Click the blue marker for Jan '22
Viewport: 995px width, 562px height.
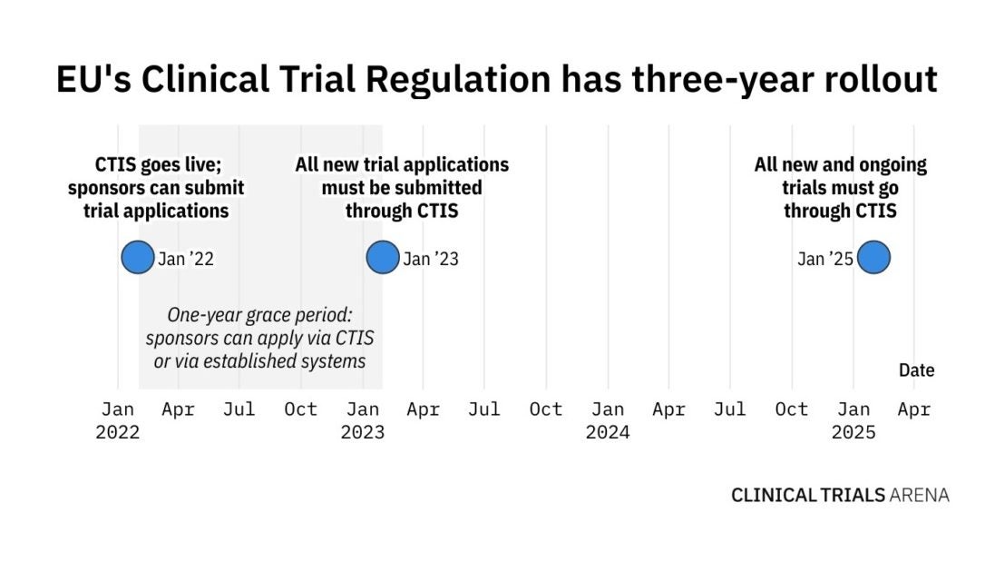coord(138,258)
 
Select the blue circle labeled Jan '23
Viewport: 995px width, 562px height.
coord(382,258)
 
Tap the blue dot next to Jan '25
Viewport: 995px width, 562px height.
coord(873,258)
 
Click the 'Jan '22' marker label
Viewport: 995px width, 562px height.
coord(186,259)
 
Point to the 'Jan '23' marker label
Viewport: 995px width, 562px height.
coord(431,259)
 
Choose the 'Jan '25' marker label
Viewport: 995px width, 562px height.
coord(824,259)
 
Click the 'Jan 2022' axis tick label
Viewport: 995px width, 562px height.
coord(118,420)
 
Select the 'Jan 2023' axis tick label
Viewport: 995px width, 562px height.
coord(363,420)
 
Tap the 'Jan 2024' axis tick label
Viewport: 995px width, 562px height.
coord(608,420)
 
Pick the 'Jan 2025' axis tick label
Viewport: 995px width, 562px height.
coord(854,420)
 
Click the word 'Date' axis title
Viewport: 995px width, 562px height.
coord(916,370)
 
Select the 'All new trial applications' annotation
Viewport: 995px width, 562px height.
coord(402,165)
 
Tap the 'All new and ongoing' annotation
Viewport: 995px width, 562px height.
coord(841,165)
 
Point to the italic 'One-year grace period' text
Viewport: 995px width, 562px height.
coord(259,315)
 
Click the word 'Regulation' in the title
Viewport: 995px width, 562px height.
coord(457,80)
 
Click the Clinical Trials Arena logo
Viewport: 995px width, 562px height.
coord(840,496)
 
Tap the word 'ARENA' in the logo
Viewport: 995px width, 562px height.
coord(920,496)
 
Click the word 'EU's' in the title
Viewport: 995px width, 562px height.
coord(92,80)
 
